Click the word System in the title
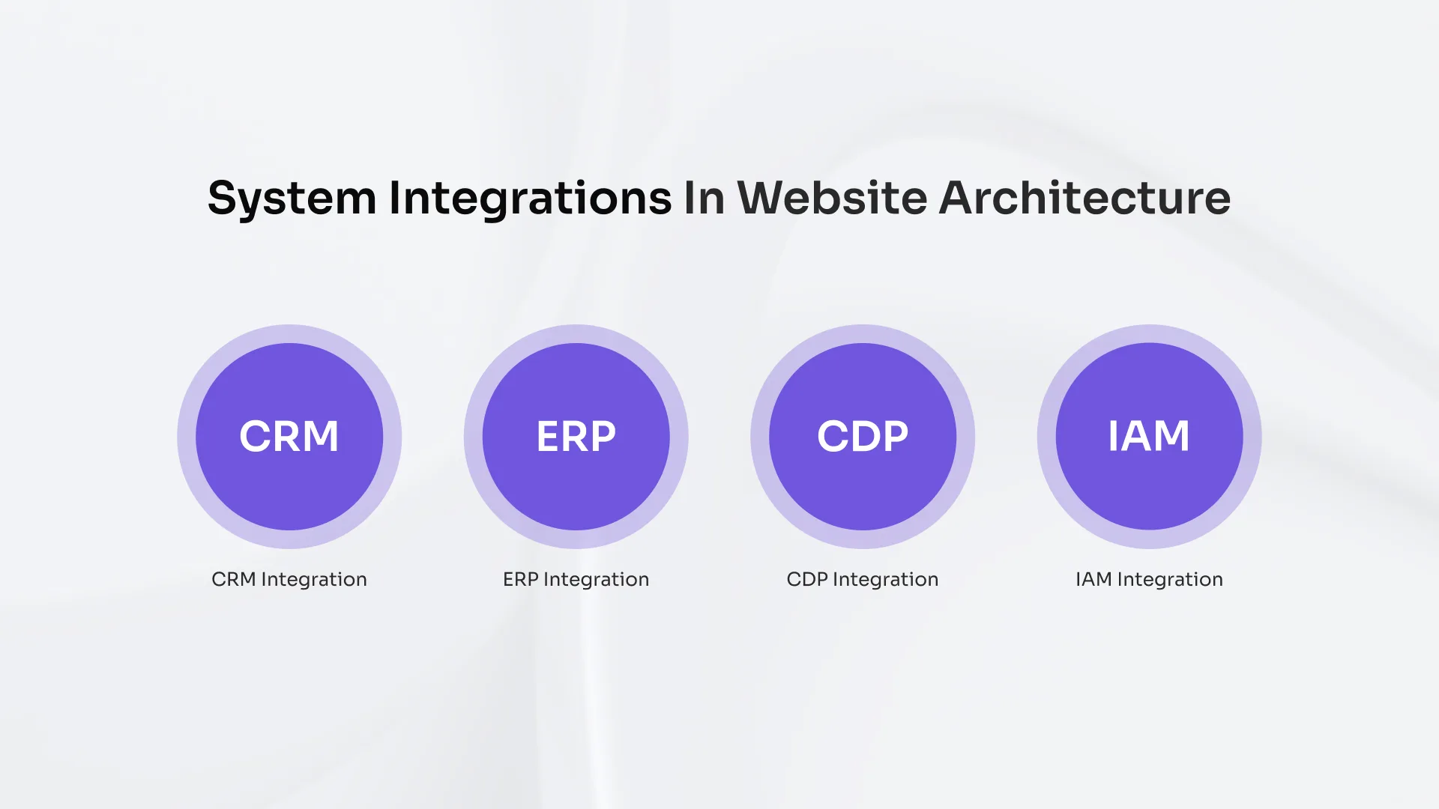[x=292, y=199]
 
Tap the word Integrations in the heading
[x=530, y=199]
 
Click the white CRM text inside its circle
[x=289, y=437]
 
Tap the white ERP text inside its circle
[x=576, y=437]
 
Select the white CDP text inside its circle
[x=863, y=437]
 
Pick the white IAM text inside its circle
[x=1149, y=436]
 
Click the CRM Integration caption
[x=289, y=579]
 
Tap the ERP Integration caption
[x=576, y=579]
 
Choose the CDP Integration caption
[x=863, y=579]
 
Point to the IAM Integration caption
[x=1149, y=579]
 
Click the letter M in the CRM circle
[x=319, y=437]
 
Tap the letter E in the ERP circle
[x=549, y=437]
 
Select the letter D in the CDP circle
[x=863, y=437]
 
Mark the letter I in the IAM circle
[x=1113, y=436]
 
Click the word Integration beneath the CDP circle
[x=885, y=580]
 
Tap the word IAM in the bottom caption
[x=1093, y=579]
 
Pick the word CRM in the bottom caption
[x=234, y=579]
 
